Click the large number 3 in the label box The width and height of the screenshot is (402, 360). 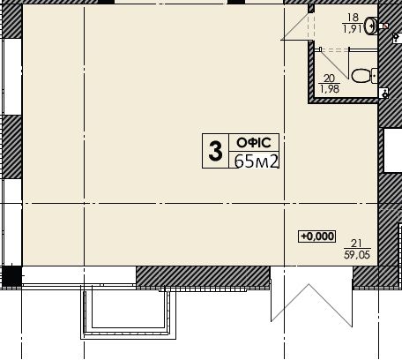[215, 151]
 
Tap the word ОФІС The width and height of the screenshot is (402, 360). [254, 143]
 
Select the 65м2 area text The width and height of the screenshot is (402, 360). [257, 161]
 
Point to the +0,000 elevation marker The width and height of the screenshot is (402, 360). [316, 236]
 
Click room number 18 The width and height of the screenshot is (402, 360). [353, 18]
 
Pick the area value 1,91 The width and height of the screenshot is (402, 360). [352, 29]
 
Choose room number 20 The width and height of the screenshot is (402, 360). [329, 79]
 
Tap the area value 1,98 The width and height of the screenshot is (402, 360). [330, 88]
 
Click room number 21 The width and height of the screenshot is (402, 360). [356, 244]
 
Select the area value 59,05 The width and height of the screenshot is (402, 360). [357, 254]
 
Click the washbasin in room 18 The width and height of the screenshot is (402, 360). [371, 26]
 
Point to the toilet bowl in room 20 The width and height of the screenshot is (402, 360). [361, 76]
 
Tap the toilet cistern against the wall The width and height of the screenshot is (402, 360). [374, 76]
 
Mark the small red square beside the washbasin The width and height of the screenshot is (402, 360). [386, 26]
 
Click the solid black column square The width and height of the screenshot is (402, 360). [11, 276]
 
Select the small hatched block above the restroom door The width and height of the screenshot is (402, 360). [311, 9]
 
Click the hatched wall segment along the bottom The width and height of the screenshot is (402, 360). [203, 276]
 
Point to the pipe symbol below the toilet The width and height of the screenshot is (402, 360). [384, 94]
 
